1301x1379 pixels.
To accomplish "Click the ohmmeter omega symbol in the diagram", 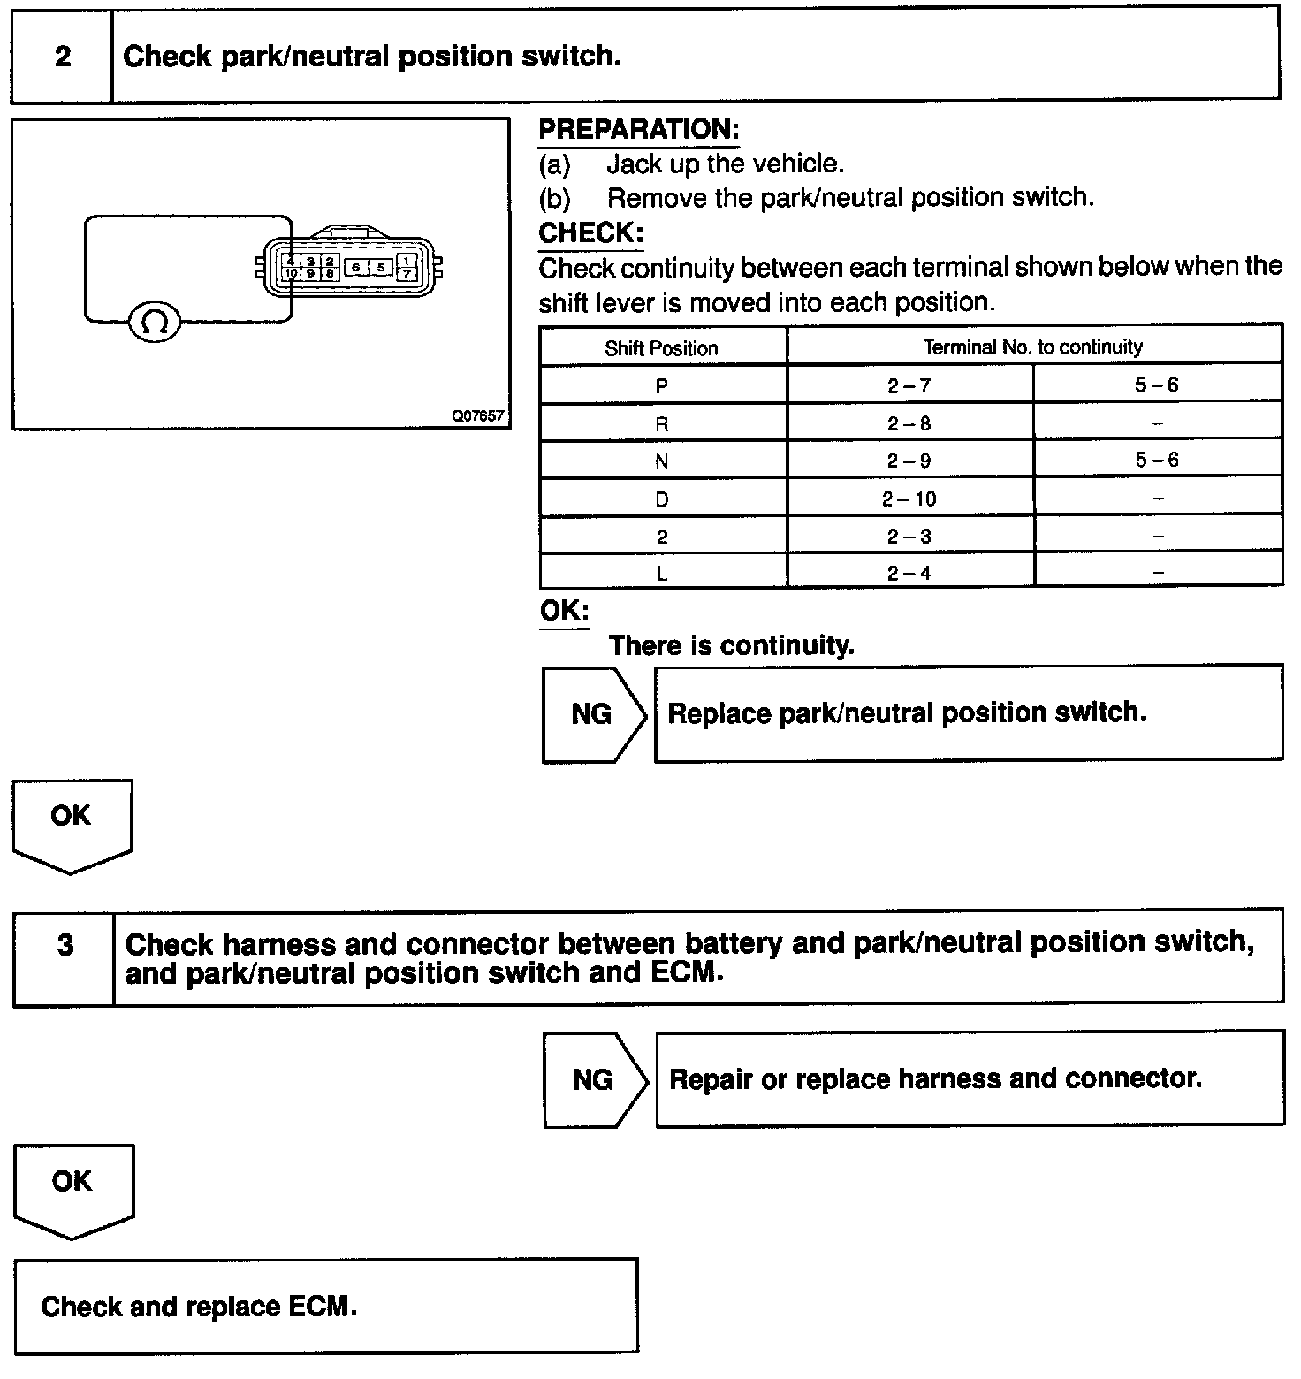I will (155, 323).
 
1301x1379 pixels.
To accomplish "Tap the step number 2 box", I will (62, 57).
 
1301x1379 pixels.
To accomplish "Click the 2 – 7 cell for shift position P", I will (909, 385).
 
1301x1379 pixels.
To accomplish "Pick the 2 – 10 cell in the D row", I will (909, 499).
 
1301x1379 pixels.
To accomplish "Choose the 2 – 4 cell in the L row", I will (909, 573).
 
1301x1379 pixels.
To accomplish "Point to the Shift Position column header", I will (661, 348).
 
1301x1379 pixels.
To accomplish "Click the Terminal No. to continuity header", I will (1033, 347).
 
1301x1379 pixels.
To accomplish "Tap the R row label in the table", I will (662, 423).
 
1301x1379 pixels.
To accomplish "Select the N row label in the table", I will (662, 461).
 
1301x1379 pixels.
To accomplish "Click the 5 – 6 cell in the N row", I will (1157, 460).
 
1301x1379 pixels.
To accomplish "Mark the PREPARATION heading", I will (639, 130).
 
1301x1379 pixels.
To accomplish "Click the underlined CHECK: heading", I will (591, 233).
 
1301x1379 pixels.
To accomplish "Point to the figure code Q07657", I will (478, 415).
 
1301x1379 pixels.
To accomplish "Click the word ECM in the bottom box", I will (318, 1307).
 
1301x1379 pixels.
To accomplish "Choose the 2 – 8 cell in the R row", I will (909, 423).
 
